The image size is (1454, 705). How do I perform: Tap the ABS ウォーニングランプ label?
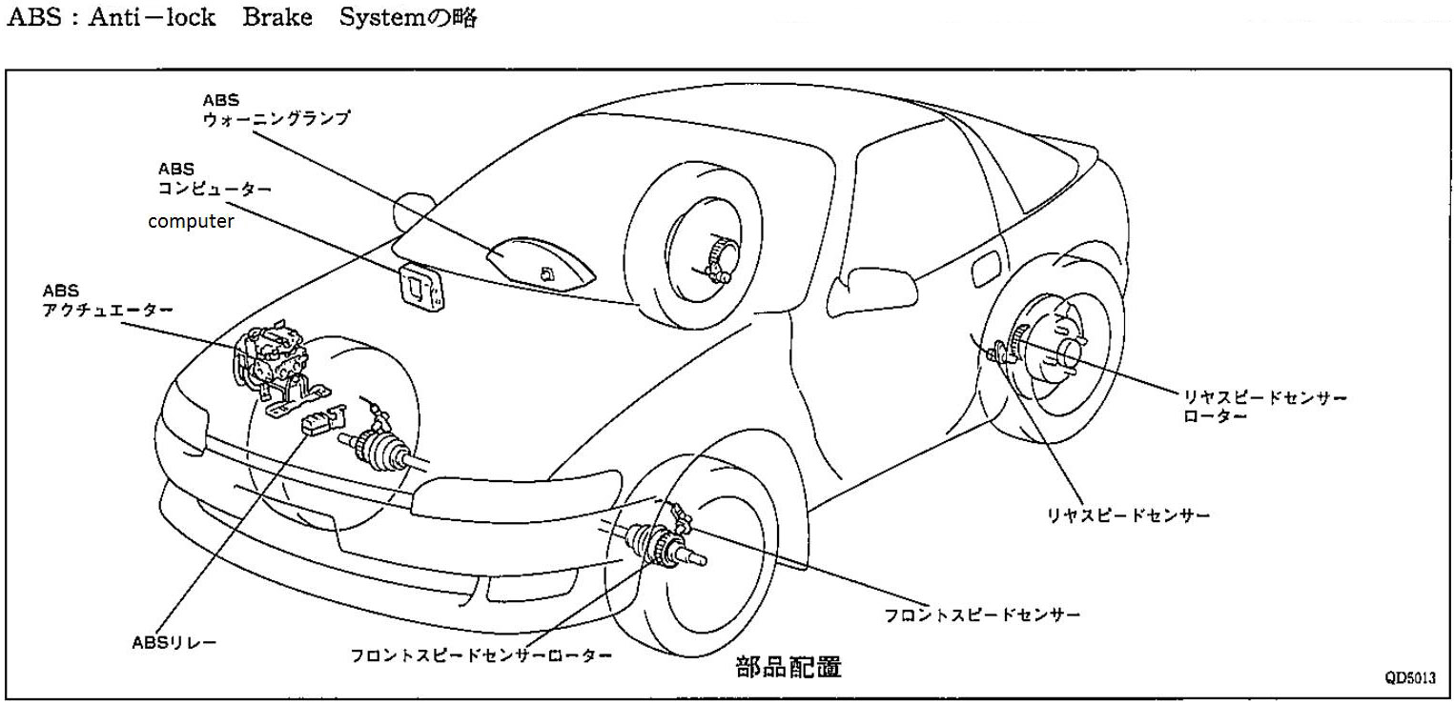(x=276, y=110)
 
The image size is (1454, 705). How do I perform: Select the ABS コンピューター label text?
(x=214, y=179)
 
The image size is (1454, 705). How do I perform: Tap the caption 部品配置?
(x=788, y=666)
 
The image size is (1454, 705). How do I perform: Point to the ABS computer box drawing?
(x=420, y=285)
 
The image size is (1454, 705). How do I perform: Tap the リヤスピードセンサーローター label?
(x=1264, y=408)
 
